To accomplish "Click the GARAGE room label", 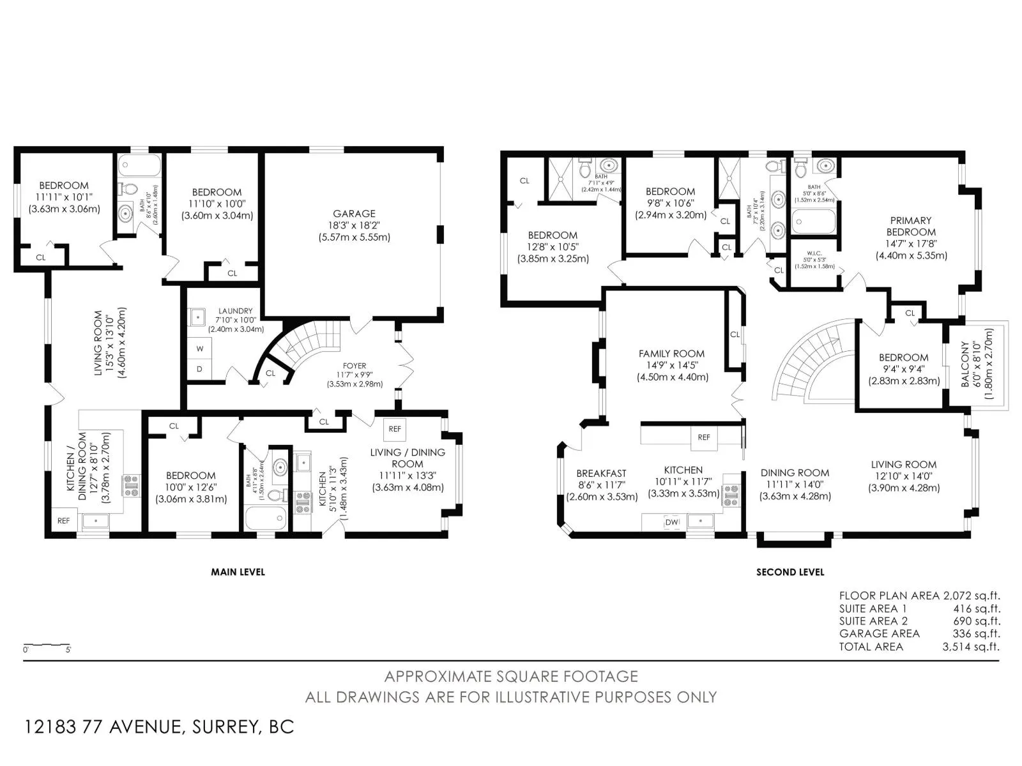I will tap(354, 214).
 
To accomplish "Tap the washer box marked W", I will tap(200, 349).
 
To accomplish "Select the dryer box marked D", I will tap(200, 369).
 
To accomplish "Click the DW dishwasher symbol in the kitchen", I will tap(672, 522).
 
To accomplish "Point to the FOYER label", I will tap(355, 366).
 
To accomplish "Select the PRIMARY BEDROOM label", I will tap(911, 226).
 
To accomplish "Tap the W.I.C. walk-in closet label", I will tap(814, 253).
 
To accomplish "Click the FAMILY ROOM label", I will tap(671, 354).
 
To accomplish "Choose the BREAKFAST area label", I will tap(601, 473).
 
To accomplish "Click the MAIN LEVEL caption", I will tap(238, 572).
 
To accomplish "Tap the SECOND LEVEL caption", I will tap(790, 572).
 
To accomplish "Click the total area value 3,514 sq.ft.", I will tap(971, 647).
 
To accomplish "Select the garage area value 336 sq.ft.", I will tap(976, 634).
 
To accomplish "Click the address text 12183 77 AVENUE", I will tap(105, 726).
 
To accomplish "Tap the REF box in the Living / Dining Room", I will tap(395, 429).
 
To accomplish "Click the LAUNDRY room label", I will tap(235, 311).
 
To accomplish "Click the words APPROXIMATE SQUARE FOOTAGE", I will tap(510, 676).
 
